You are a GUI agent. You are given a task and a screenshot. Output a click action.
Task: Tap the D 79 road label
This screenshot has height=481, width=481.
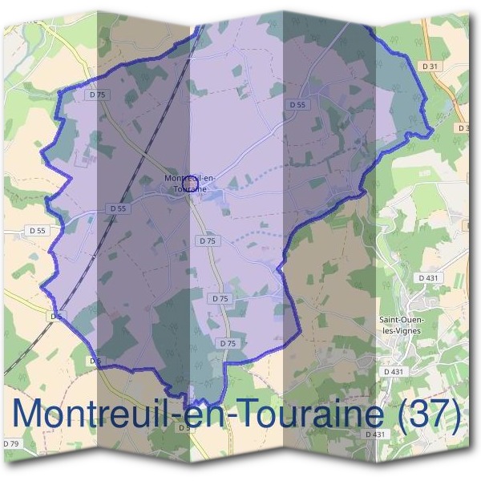tap(10, 443)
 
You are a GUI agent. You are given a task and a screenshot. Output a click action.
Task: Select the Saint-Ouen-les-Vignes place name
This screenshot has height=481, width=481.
tap(401, 325)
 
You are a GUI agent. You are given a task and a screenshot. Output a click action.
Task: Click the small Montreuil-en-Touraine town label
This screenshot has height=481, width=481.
tap(185, 182)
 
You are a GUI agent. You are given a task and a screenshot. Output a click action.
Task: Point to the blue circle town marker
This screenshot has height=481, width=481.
tap(190, 183)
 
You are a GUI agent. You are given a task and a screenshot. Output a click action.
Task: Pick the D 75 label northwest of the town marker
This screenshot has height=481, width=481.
tap(98, 95)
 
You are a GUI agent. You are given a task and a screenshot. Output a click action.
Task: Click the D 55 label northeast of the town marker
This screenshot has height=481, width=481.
tap(297, 105)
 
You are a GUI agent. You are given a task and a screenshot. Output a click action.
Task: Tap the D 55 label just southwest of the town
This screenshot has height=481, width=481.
tap(117, 208)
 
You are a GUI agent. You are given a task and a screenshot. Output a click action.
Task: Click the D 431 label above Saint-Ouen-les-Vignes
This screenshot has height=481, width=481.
tap(430, 277)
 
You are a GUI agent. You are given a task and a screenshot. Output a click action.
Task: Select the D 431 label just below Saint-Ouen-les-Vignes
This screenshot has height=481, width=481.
tap(394, 372)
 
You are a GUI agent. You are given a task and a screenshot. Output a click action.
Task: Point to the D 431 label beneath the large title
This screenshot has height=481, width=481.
tap(375, 434)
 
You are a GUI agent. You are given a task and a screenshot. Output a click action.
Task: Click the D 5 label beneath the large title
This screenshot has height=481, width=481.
tap(184, 427)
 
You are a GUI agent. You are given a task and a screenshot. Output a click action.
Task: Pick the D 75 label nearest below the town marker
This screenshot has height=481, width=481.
tap(207, 240)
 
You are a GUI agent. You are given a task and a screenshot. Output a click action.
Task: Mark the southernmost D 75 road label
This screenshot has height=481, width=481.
tap(228, 343)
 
